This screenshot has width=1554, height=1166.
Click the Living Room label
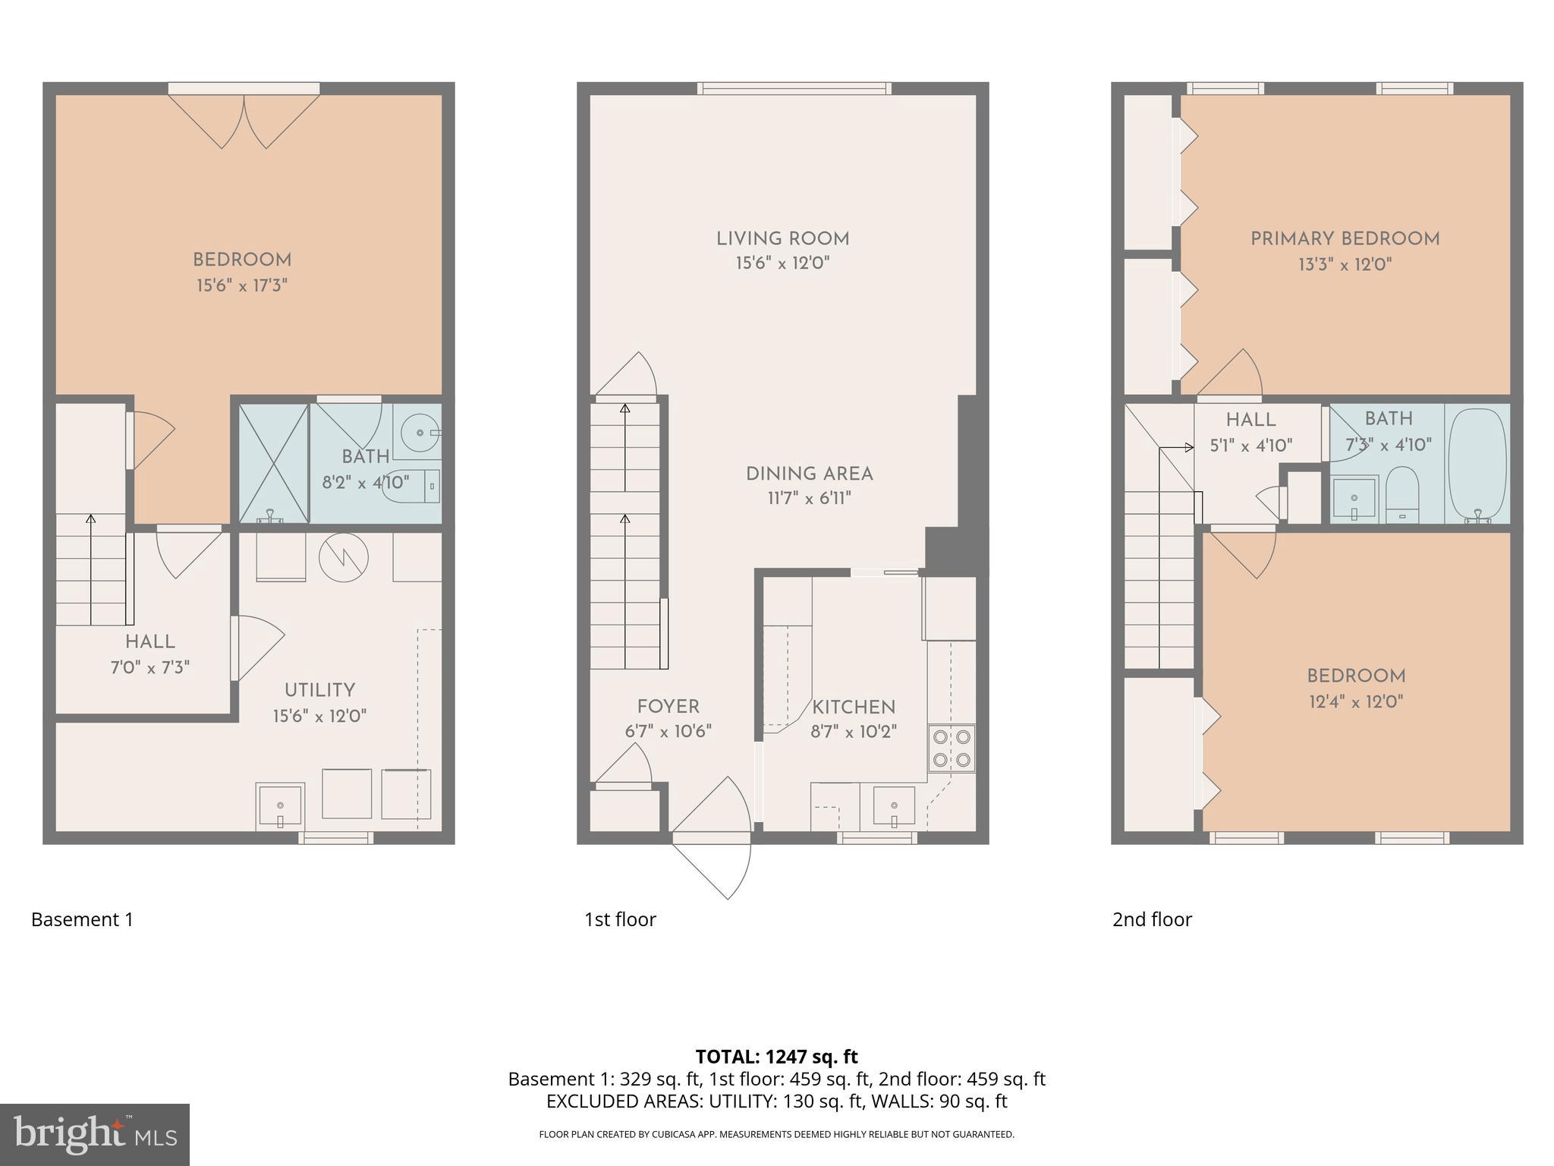tap(782, 239)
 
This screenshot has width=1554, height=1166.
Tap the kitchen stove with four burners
tap(952, 748)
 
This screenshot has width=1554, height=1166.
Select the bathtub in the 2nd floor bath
tap(1477, 464)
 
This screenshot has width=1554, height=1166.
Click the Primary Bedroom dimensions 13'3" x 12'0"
tap(1345, 265)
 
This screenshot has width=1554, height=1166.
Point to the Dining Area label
tap(809, 474)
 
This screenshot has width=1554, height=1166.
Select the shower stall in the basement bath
tap(274, 463)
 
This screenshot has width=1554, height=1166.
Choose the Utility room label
tap(319, 691)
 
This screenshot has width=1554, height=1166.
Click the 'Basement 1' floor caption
tap(82, 919)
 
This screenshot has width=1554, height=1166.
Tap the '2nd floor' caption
tap(1152, 919)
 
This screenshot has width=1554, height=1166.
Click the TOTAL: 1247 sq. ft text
tap(776, 1056)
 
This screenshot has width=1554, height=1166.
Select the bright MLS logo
tap(95, 1134)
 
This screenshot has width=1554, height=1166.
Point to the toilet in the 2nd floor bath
tap(1402, 493)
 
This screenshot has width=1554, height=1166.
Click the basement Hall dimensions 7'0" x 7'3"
tap(149, 668)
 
